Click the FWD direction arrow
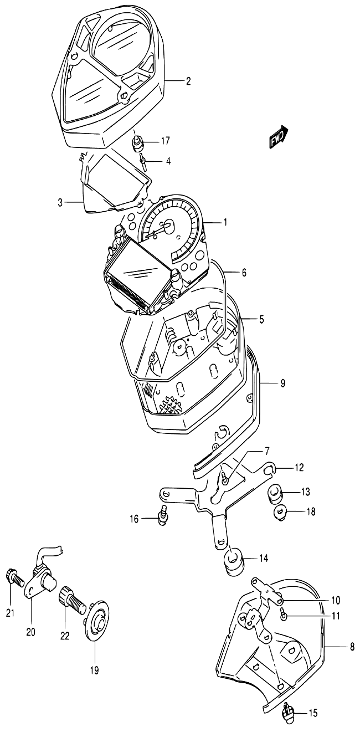279,137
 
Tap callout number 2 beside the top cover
188,81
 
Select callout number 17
166,141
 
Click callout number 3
60,203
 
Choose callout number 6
244,273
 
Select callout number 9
282,383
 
